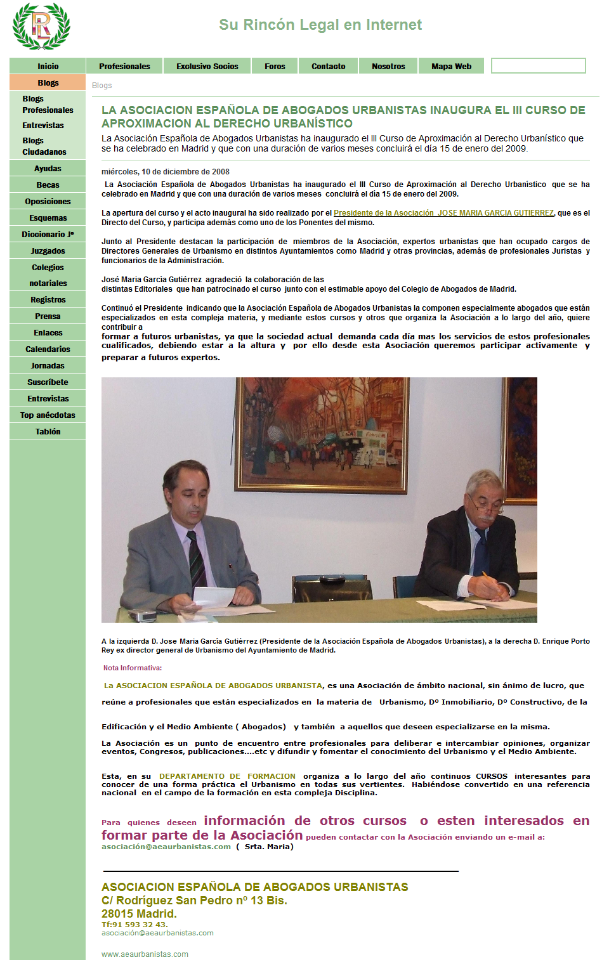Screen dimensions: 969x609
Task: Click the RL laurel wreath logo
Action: coord(41,27)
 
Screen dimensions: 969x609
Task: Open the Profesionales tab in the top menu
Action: coord(124,66)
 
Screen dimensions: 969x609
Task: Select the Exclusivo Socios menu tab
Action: coord(207,66)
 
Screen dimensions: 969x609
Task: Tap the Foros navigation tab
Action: coord(275,66)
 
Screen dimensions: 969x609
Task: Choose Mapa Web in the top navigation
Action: coord(451,66)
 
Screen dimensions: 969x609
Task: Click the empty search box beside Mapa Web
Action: coord(538,66)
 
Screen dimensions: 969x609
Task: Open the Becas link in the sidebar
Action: coord(48,185)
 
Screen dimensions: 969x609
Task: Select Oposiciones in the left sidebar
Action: coord(48,202)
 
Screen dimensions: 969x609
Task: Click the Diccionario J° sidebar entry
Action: coord(48,235)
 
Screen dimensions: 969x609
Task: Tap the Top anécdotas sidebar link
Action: coord(48,415)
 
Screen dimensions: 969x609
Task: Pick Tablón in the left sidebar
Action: coord(48,432)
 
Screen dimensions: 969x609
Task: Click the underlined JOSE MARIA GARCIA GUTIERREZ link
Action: coord(443,213)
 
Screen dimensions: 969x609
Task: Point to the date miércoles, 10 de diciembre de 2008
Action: coord(166,172)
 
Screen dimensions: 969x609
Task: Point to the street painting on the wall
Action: coord(322,434)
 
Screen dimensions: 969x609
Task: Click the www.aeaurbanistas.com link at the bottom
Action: coord(145,954)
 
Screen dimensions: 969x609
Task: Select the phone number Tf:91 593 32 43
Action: coord(134,925)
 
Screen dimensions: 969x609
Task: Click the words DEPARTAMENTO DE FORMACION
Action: coord(227,776)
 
